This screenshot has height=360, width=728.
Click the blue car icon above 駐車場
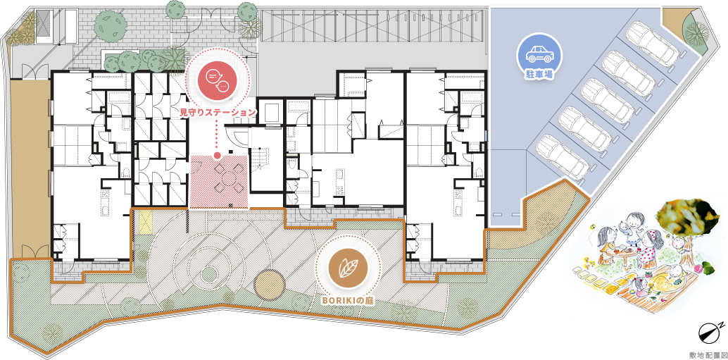coord(539,55)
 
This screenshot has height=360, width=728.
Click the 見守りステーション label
coord(218,112)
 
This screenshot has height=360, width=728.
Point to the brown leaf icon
coord(349,268)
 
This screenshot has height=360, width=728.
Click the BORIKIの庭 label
coord(349,301)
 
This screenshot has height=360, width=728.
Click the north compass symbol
coord(710,330)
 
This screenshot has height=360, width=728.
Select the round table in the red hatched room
coord(230,177)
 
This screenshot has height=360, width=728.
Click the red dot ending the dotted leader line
coord(217,156)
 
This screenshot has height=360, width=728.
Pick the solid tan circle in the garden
coord(269,285)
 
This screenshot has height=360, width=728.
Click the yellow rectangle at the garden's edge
coord(146,221)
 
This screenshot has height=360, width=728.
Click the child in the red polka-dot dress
coord(648,249)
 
